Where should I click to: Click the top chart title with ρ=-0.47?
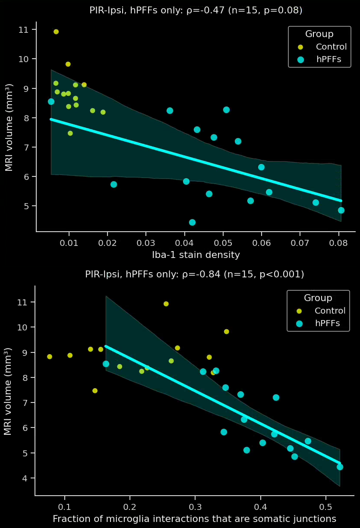[x=196, y=10]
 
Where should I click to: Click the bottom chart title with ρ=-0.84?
[x=194, y=274]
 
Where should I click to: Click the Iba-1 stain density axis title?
[x=196, y=255]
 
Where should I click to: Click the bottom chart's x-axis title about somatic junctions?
[x=194, y=519]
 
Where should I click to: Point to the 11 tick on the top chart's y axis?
[x=24, y=30]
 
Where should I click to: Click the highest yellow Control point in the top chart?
[x=56, y=31]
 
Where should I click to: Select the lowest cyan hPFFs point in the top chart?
[x=192, y=222]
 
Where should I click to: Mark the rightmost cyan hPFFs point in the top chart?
[x=341, y=210]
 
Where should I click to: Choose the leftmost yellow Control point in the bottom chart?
[x=50, y=357]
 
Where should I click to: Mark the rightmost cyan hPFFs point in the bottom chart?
[x=340, y=467]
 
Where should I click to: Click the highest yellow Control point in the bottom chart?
[x=166, y=304]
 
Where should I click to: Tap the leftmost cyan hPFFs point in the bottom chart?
[x=106, y=364]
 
